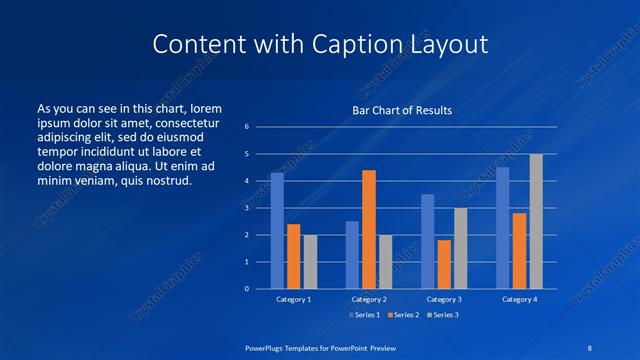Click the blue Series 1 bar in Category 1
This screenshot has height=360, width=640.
click(277, 231)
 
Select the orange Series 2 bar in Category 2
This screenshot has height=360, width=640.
click(369, 229)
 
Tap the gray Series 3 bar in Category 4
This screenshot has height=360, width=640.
click(536, 221)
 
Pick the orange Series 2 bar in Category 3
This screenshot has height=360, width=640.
click(444, 264)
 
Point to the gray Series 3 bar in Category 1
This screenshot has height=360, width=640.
click(310, 262)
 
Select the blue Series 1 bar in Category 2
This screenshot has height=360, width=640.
click(352, 255)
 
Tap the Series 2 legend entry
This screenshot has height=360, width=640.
click(403, 315)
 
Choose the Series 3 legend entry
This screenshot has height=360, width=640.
click(444, 315)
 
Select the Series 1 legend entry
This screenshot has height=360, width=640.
click(363, 315)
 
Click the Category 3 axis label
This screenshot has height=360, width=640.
click(444, 299)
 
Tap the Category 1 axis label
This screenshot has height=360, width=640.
click(294, 299)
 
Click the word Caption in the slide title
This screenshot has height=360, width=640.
click(365, 44)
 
